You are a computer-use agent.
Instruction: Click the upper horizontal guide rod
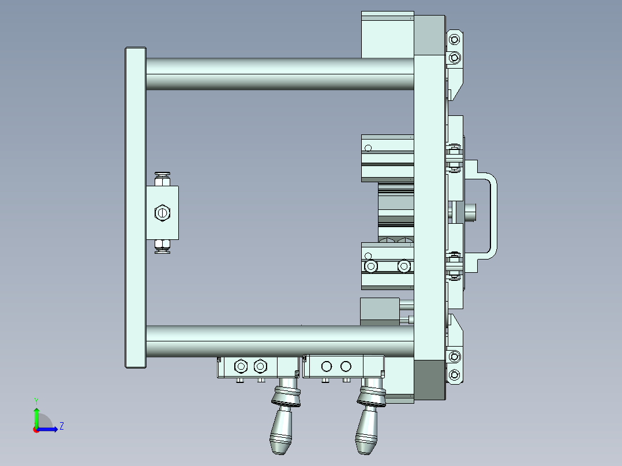coord(277,73)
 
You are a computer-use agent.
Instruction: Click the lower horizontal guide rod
coord(277,341)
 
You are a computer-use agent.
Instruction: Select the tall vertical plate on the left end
coord(135,208)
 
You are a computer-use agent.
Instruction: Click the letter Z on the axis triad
coord(61,426)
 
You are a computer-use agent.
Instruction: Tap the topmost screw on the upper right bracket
coord(455,39)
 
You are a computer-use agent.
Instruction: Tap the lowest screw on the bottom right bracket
coord(455,375)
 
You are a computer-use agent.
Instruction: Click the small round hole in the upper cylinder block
coord(368,148)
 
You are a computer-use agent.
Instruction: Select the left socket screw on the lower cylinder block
coord(370,266)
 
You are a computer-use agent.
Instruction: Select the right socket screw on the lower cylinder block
coord(404,266)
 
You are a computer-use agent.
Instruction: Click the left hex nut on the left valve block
coord(241,366)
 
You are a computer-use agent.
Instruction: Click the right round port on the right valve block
coord(346,366)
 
